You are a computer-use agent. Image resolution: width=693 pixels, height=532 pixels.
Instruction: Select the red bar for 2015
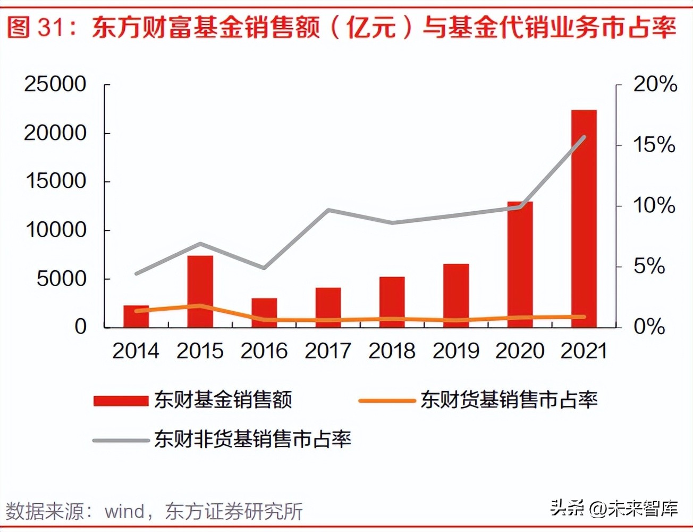[x=200, y=291]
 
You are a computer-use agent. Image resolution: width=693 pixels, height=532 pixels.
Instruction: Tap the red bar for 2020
[x=520, y=264]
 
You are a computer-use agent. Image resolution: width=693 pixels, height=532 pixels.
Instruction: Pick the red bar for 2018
[x=392, y=302]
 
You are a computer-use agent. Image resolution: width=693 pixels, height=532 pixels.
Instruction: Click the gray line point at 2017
[x=328, y=210]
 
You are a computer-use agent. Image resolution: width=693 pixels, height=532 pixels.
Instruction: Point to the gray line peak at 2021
[x=584, y=137]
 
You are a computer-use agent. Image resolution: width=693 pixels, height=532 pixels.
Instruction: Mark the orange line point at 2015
[x=200, y=306]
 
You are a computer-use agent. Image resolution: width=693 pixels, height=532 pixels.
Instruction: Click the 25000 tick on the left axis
[x=55, y=84]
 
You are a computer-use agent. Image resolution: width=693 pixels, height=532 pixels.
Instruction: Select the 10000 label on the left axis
[x=55, y=230]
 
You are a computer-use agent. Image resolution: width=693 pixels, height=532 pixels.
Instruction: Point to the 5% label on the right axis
[x=649, y=266]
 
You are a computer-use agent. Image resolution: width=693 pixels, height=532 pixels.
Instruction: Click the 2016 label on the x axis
[x=264, y=351]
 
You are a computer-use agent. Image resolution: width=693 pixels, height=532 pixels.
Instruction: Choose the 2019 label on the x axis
[x=456, y=351]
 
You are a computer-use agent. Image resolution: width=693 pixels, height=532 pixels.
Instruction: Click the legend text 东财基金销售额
[x=223, y=400]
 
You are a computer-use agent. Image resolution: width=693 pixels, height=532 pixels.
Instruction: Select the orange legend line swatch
[x=386, y=401]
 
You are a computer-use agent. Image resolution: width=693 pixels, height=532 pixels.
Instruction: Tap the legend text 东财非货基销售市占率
[x=252, y=439]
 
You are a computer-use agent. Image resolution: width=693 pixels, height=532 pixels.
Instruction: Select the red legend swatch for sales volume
[x=121, y=401]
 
